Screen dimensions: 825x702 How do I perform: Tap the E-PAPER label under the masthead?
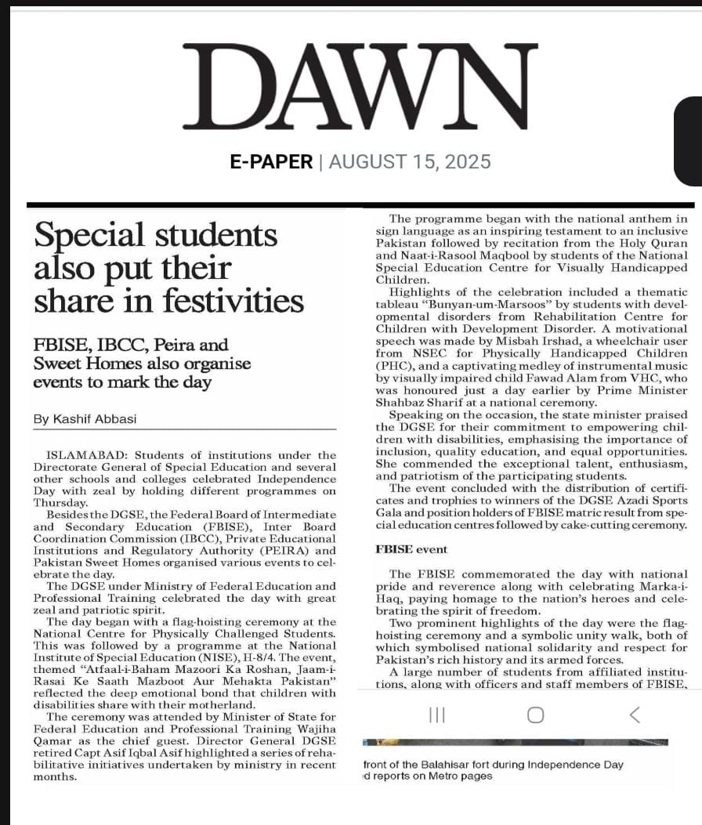pos(270,162)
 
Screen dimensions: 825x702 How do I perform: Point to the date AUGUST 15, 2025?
pos(410,162)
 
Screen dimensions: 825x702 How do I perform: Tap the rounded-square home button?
pos(536,715)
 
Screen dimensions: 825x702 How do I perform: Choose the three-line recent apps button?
pos(437,715)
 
